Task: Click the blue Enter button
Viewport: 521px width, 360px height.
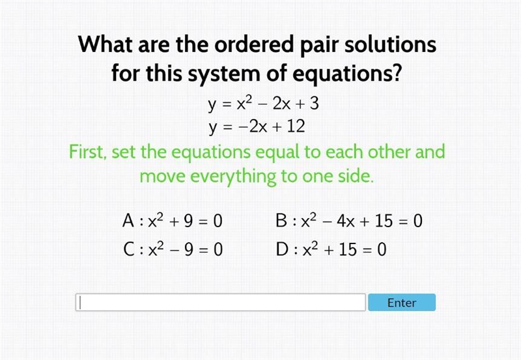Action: pos(402,302)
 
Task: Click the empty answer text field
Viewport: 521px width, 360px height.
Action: pos(221,302)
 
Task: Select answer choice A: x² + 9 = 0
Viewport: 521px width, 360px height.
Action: pos(172,221)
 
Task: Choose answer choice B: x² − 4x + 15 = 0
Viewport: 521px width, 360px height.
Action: pos(349,221)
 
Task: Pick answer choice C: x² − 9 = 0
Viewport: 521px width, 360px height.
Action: pos(173,249)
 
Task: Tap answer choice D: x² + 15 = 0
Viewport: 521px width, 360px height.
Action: pos(331,249)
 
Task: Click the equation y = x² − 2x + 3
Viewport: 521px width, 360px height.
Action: pos(264,104)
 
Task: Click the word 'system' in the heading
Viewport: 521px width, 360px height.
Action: pos(224,74)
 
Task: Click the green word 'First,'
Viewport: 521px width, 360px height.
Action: pos(88,152)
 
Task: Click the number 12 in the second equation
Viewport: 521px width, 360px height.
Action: pos(296,126)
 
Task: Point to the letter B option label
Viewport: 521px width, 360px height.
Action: pos(281,221)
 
